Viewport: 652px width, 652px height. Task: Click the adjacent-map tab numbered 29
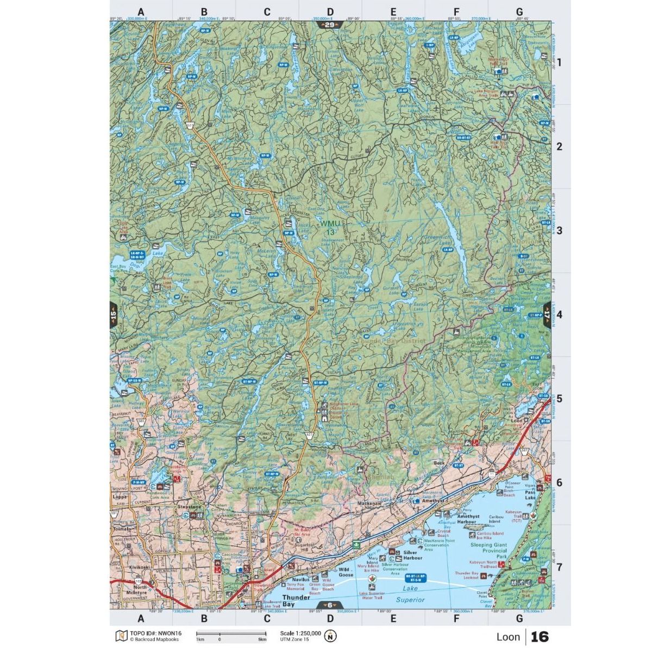point(330,25)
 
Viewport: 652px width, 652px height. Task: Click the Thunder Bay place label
point(296,600)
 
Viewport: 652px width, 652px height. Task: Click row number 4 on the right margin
point(559,315)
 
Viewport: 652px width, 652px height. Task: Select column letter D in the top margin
point(330,11)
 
